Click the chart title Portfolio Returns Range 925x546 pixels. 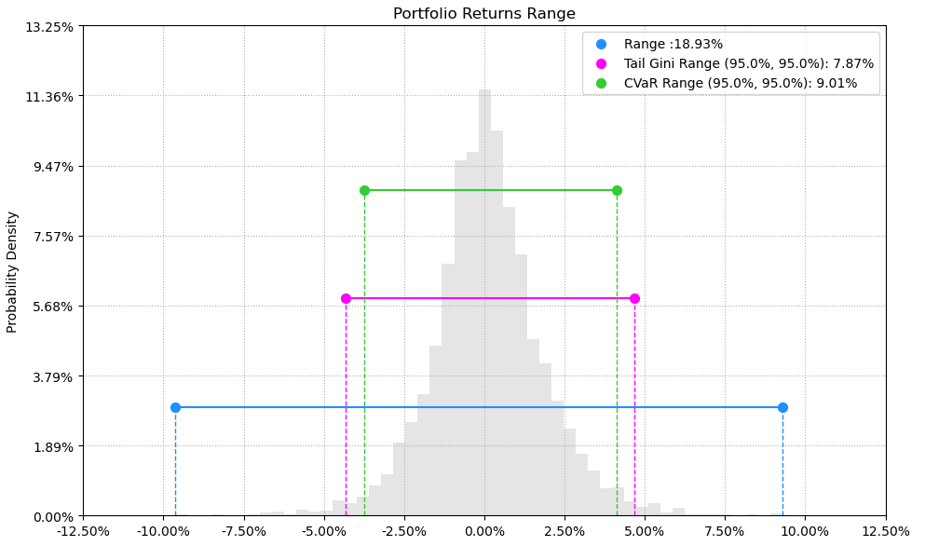(483, 14)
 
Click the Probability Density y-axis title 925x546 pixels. (12, 271)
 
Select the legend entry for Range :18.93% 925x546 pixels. (673, 44)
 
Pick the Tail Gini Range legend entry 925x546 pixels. (748, 63)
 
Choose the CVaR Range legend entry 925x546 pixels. (740, 83)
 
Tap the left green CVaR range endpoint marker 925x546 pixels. (364, 190)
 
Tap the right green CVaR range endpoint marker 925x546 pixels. (617, 190)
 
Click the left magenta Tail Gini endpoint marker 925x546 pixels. (346, 298)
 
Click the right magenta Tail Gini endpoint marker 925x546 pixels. (634, 298)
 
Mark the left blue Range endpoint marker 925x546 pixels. (175, 407)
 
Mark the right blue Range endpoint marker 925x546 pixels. (782, 407)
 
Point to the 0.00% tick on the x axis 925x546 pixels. (484, 531)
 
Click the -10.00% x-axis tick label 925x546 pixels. (163, 531)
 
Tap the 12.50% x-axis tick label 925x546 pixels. (885, 531)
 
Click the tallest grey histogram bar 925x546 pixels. (484, 307)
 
